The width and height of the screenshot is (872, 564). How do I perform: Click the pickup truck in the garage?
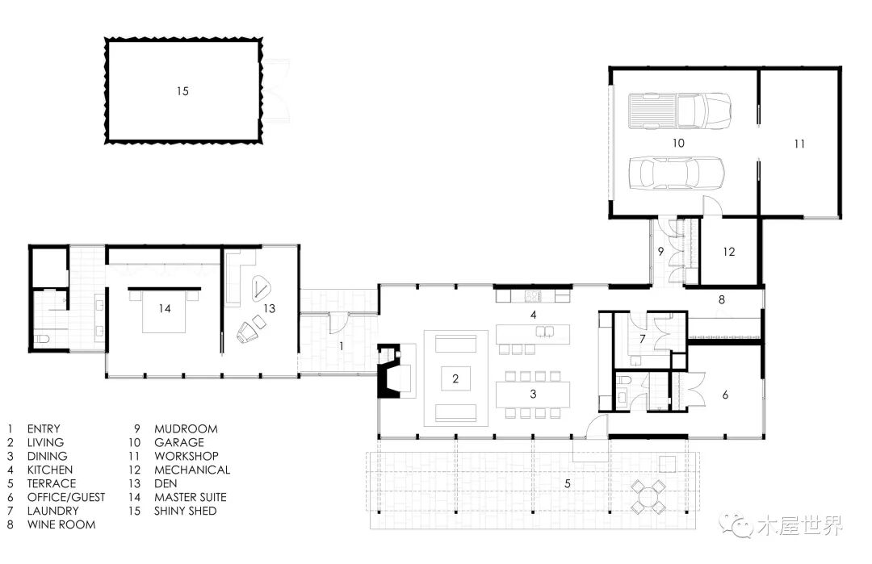click(x=680, y=111)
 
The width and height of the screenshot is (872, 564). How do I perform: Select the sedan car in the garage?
click(x=677, y=173)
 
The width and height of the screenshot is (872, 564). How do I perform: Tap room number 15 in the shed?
click(x=183, y=91)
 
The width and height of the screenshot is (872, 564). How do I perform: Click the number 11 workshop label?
click(x=799, y=144)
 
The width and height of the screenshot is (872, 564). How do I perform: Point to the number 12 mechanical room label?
click(x=728, y=252)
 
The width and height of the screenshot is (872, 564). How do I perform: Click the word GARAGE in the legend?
click(x=179, y=442)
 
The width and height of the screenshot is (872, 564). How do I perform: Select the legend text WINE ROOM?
click(x=61, y=524)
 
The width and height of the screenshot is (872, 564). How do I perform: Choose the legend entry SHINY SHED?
click(x=185, y=511)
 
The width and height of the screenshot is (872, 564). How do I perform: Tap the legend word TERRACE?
click(x=51, y=483)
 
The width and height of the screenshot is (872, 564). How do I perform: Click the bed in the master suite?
click(x=164, y=310)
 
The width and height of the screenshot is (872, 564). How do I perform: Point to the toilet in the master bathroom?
click(x=42, y=338)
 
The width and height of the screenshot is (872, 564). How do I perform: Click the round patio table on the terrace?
click(x=648, y=496)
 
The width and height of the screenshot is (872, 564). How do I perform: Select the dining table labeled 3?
click(x=533, y=395)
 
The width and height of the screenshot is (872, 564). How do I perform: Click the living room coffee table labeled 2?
click(x=455, y=379)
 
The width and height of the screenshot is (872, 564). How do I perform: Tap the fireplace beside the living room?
click(x=389, y=370)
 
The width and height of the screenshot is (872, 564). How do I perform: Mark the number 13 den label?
click(x=269, y=308)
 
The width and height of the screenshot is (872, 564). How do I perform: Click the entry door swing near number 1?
click(x=338, y=322)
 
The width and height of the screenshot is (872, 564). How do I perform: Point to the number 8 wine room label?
click(x=721, y=299)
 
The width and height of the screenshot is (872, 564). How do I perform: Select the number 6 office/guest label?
click(x=725, y=395)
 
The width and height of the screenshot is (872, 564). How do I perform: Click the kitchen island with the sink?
click(x=533, y=333)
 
